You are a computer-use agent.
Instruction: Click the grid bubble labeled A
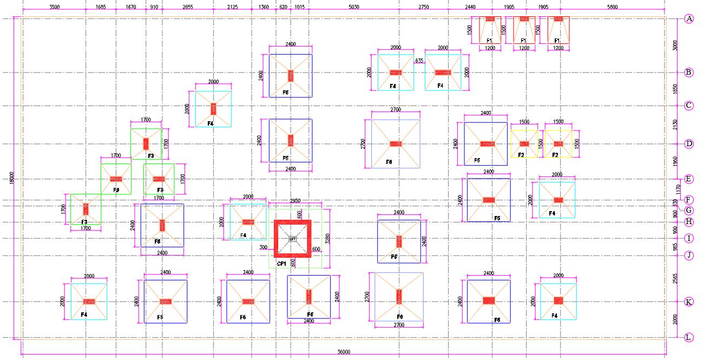(689, 19)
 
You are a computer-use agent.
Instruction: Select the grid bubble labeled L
(689, 338)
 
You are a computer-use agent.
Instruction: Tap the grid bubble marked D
(689, 144)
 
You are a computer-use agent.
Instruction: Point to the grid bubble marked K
(689, 302)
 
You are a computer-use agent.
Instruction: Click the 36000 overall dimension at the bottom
(344, 352)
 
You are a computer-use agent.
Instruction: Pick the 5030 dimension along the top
(353, 6)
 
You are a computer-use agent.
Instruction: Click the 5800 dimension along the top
(612, 6)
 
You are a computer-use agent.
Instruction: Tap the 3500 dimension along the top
(54, 6)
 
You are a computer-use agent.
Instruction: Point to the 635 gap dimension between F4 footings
(419, 61)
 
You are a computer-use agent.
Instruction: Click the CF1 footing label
(281, 264)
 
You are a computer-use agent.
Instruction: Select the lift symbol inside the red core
(293, 239)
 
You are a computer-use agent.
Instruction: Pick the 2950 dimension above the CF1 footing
(295, 201)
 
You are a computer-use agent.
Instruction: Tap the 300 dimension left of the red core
(264, 247)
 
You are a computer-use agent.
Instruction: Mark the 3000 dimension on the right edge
(674, 45)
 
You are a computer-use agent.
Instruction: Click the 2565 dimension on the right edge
(674, 278)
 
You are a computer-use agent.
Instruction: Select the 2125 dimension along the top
(232, 6)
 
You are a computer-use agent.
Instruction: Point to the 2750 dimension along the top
(423, 6)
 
